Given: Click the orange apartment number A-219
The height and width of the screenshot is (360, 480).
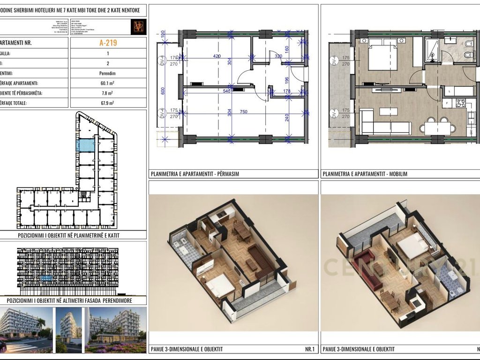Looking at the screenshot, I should pyautogui.click(x=108, y=43).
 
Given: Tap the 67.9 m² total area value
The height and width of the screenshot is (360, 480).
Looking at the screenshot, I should pyautogui.click(x=108, y=103).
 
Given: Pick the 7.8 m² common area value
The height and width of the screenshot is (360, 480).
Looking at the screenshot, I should pyautogui.click(x=108, y=93).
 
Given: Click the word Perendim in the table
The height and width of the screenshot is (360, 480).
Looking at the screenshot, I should pyautogui.click(x=108, y=74).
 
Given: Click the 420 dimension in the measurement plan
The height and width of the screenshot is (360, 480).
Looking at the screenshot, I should pyautogui.click(x=217, y=56).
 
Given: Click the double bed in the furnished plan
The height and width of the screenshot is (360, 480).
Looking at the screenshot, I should pyautogui.click(x=382, y=56).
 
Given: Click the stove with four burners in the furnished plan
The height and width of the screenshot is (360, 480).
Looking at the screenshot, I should pyautogui.click(x=461, y=103).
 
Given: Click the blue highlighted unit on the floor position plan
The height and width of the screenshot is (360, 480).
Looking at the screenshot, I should pyautogui.click(x=85, y=145).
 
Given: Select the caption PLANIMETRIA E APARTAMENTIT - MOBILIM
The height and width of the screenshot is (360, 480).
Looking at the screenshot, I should pyautogui.click(x=365, y=174).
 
